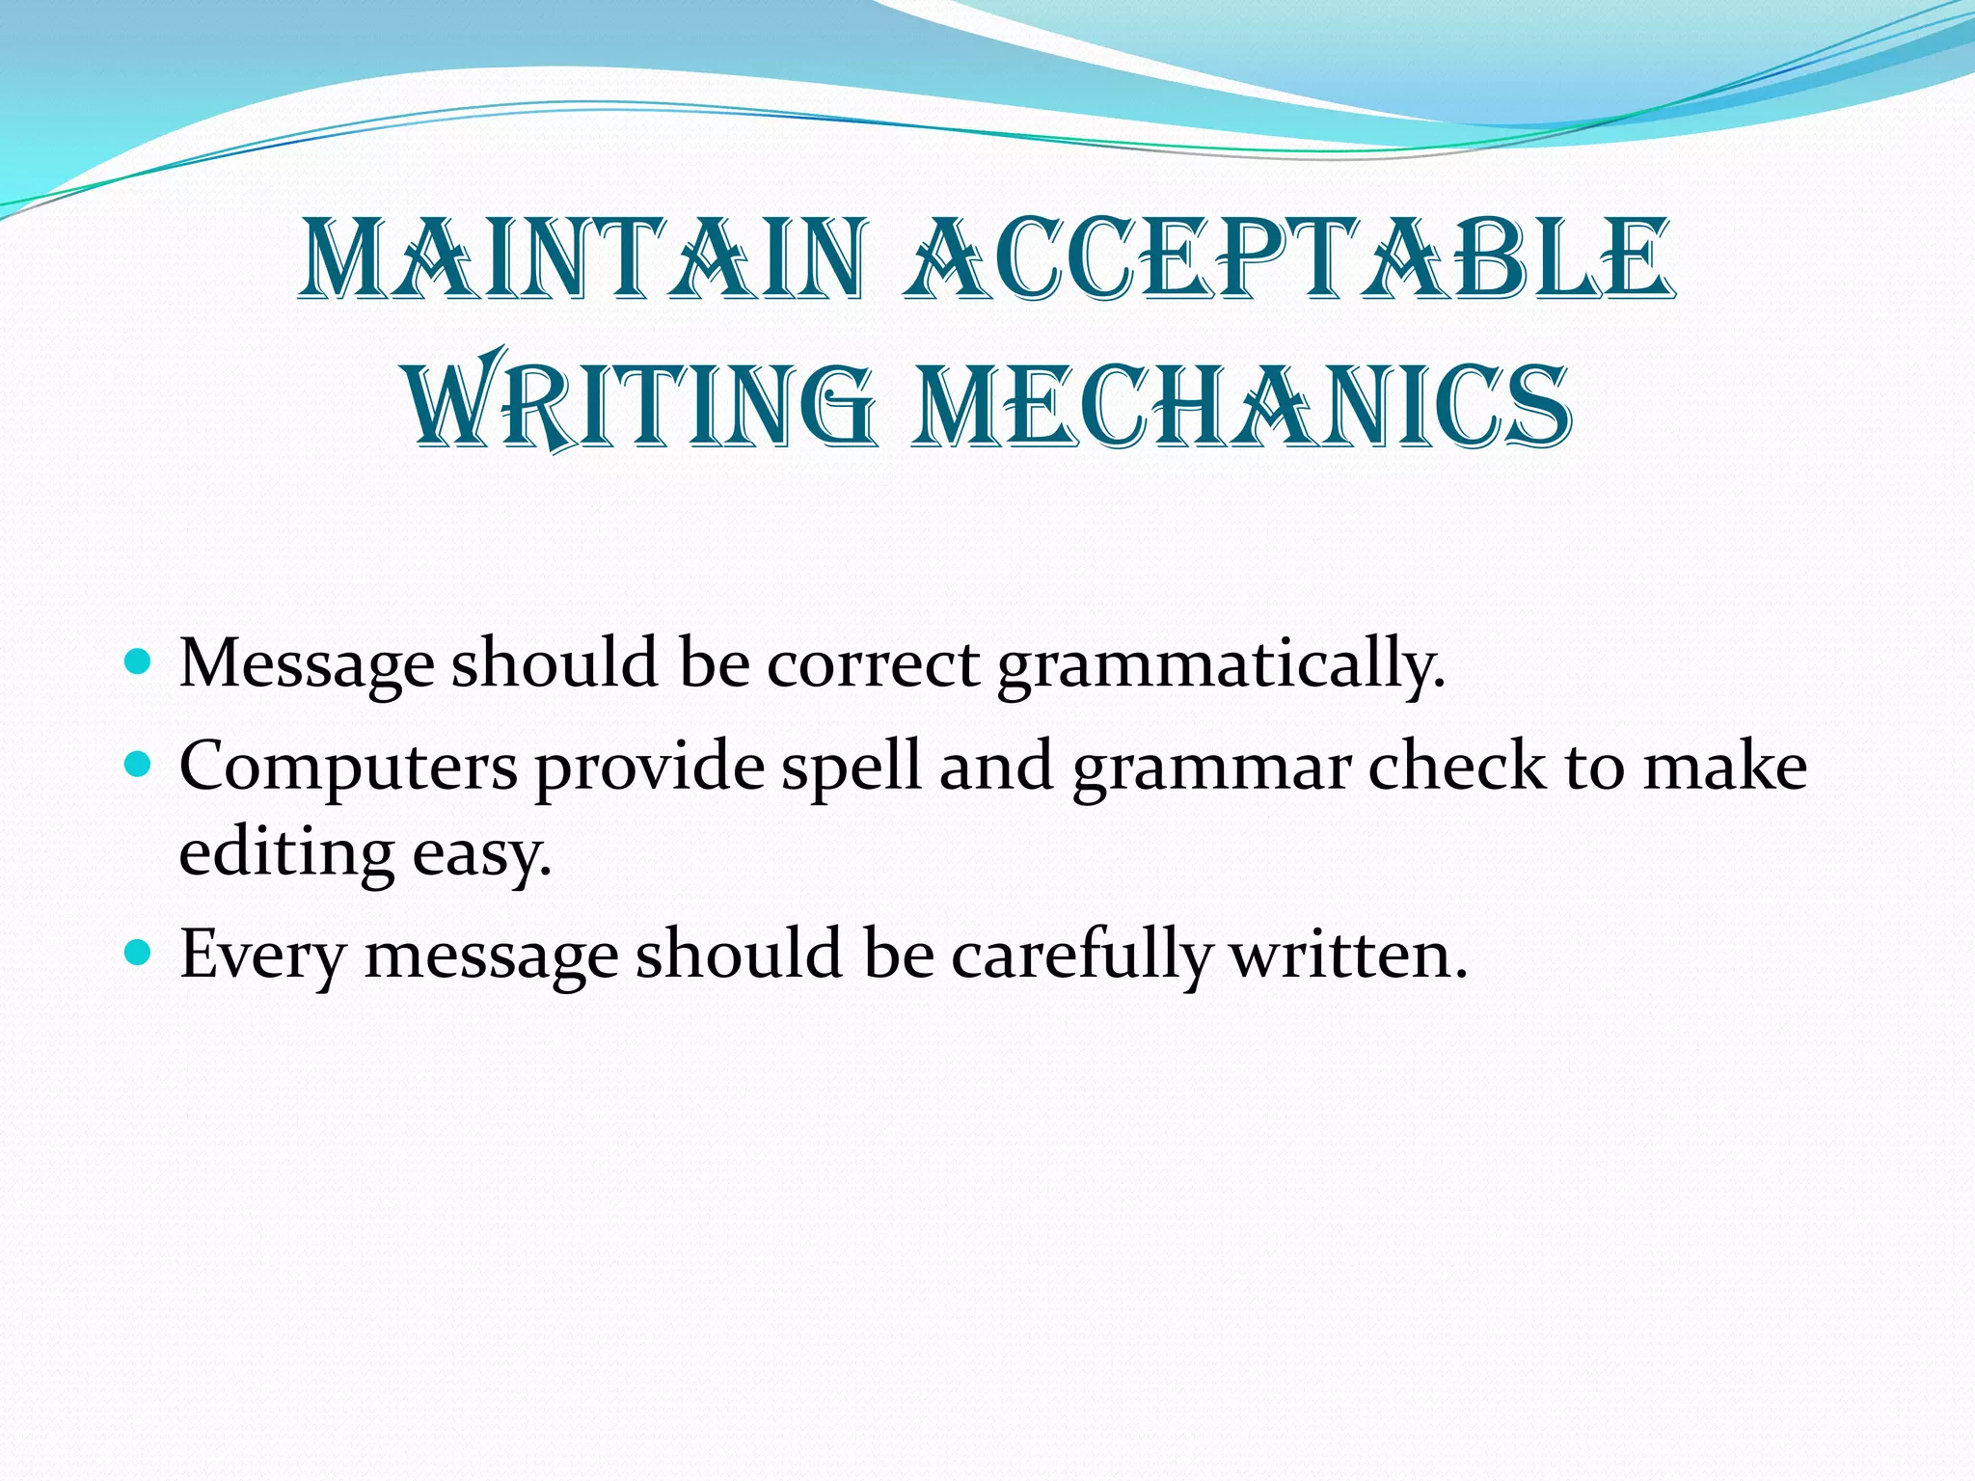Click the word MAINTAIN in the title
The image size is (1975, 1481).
click(584, 259)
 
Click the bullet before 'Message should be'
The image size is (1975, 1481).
click(139, 662)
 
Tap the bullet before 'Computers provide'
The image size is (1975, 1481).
click(139, 766)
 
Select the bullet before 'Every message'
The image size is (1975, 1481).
click(139, 954)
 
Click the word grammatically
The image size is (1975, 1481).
click(1221, 665)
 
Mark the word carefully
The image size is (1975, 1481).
click(1081, 956)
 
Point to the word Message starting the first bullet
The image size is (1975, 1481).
click(307, 665)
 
